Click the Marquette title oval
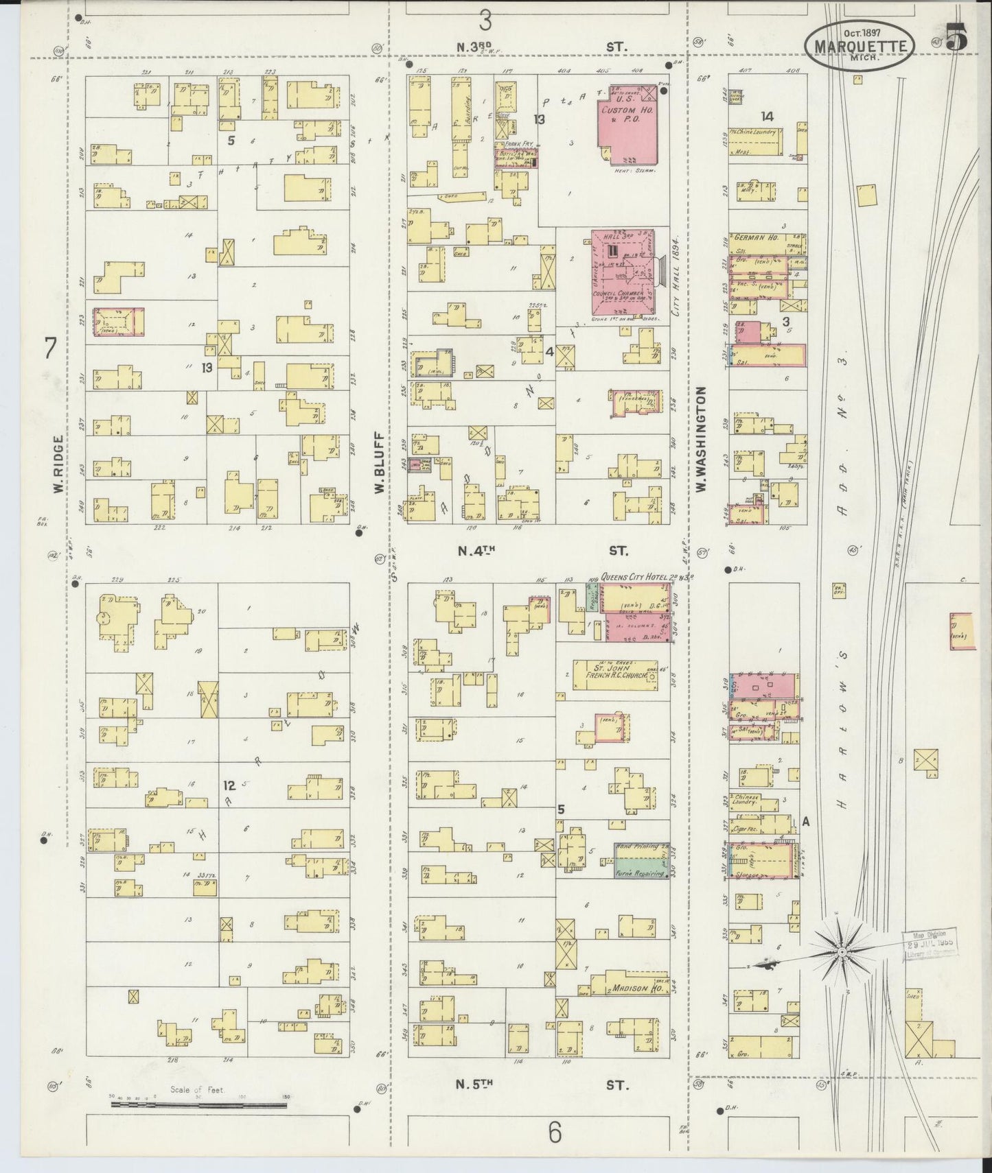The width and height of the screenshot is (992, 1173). point(860,46)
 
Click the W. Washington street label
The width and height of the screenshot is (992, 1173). point(701,439)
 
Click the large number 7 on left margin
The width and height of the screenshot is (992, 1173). point(49,348)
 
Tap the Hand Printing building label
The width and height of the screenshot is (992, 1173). point(642,848)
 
